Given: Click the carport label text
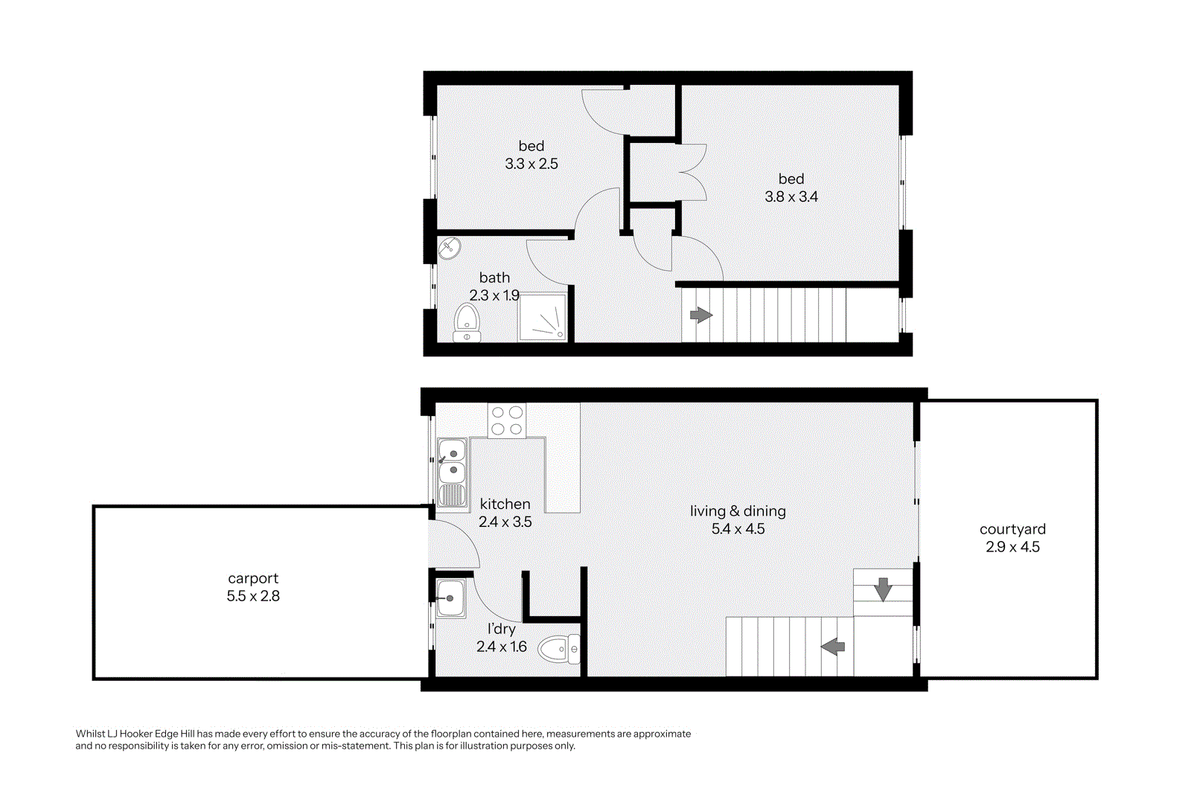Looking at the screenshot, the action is click(253, 579).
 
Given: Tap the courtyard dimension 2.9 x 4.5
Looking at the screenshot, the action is click(1012, 547).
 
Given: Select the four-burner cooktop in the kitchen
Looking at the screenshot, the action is click(507, 420).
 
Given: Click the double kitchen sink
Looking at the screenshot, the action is click(452, 472).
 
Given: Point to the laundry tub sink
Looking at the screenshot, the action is click(451, 598).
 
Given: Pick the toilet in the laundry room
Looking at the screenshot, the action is click(559, 649).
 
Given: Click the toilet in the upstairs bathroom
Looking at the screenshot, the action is click(467, 323).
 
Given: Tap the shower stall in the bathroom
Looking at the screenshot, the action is click(543, 318).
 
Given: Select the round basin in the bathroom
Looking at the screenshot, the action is click(450, 249).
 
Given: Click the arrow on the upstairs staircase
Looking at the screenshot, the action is click(701, 316).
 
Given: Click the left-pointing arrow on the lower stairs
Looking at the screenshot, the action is click(833, 647).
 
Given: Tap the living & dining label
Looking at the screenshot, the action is click(738, 511).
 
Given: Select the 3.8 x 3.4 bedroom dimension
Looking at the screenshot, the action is click(791, 196).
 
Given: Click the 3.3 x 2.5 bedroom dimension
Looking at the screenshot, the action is click(531, 164).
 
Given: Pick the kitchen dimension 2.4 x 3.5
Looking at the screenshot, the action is click(505, 522).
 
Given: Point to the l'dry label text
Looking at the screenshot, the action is click(502, 630).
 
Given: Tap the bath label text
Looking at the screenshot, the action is click(494, 278).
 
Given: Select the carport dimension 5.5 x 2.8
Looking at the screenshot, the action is click(253, 596).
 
